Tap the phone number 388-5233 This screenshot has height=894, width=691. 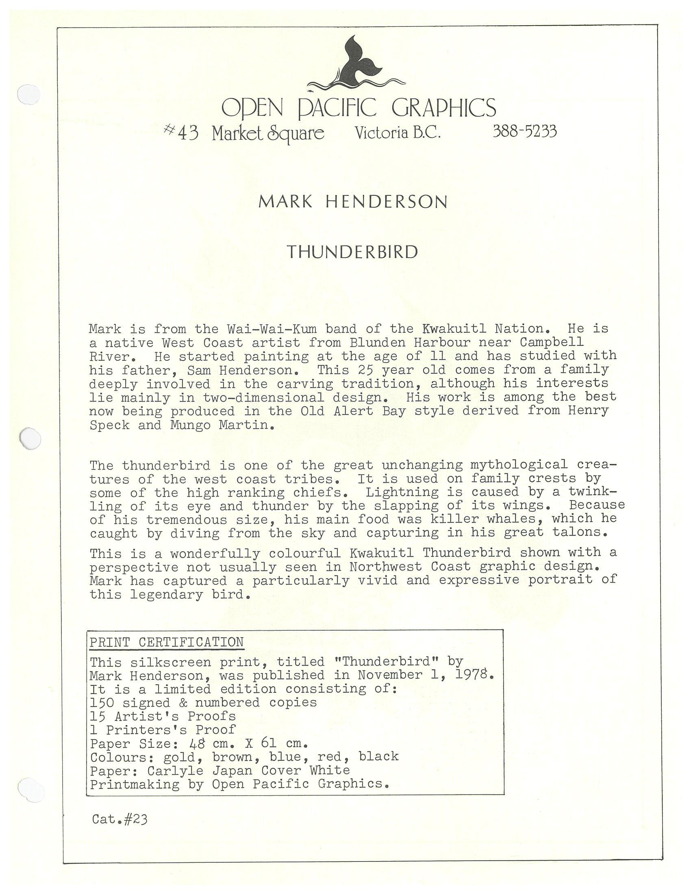point(524,131)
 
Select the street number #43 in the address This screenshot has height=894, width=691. point(181,132)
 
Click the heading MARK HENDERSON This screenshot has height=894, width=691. point(353,202)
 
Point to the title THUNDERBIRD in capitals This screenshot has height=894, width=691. point(352,252)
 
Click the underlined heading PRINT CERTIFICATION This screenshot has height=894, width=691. point(167,642)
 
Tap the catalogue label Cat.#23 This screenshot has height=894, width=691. point(120,819)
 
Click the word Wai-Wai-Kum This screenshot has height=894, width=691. point(272,329)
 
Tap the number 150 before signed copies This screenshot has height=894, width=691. point(102,703)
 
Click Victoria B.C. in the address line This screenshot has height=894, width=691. point(398,132)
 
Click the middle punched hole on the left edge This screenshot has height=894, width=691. point(30,439)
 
